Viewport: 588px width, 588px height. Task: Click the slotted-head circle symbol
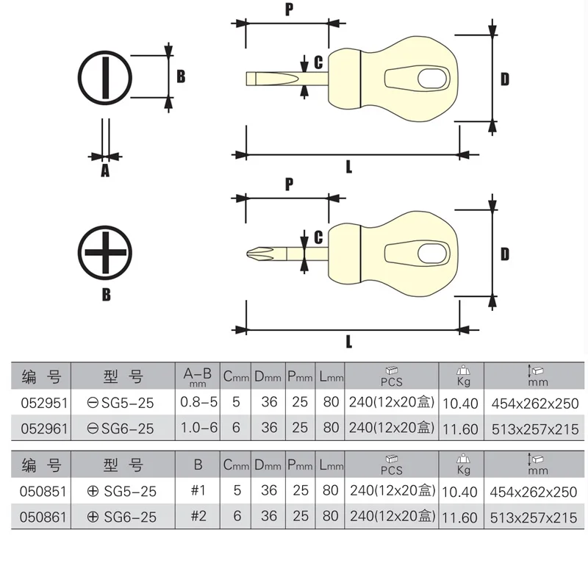105,78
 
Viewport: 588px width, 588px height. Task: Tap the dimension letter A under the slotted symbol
104,171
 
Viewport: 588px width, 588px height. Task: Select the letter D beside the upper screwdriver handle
505,79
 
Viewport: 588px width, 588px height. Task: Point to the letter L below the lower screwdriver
348,341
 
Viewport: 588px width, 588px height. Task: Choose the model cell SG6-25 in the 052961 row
121,427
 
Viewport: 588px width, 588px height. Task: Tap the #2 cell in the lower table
197,517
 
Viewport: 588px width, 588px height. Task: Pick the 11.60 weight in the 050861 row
461,517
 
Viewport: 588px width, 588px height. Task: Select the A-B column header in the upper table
197,377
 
